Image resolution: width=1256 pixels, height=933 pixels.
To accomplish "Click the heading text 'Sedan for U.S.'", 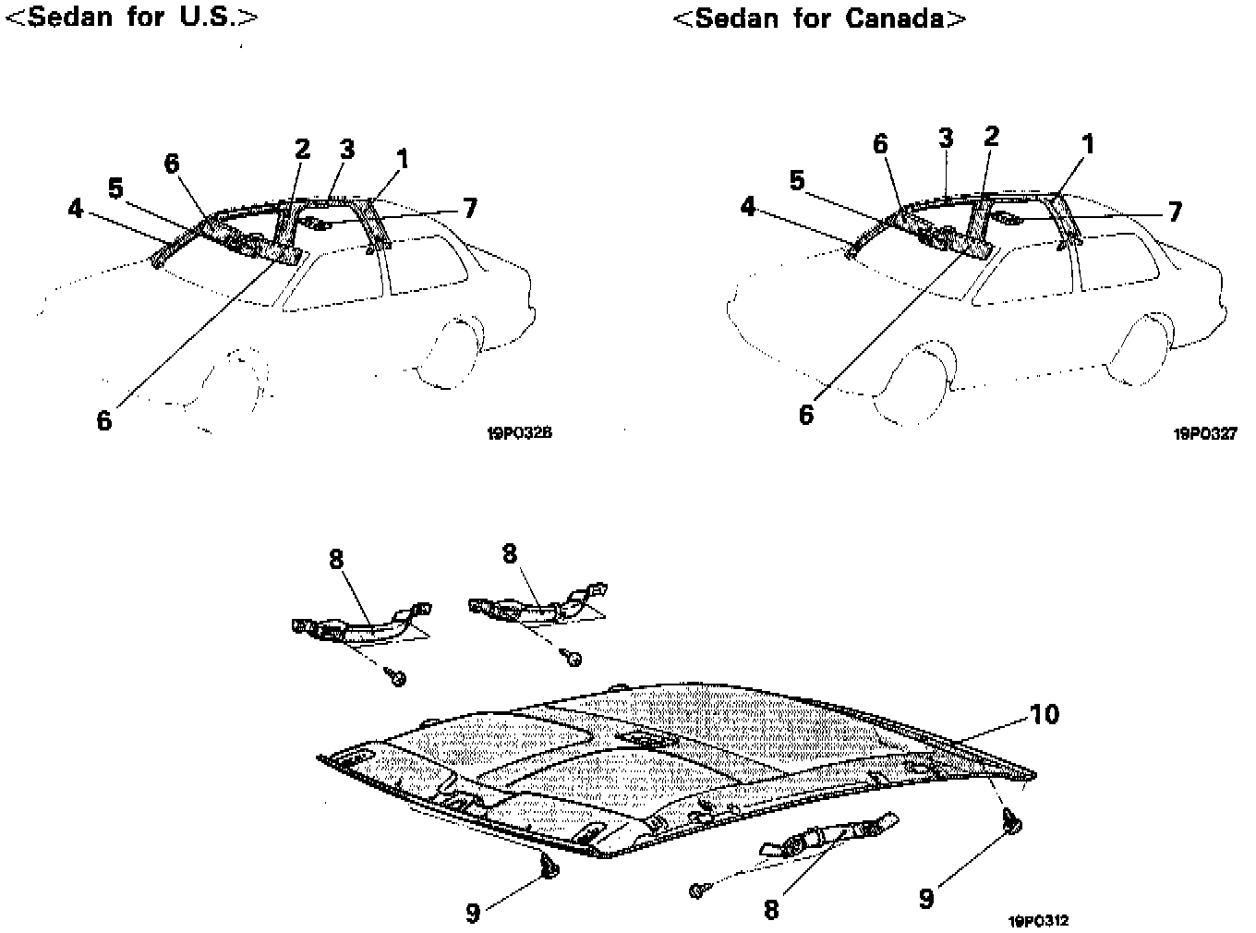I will click(x=131, y=18).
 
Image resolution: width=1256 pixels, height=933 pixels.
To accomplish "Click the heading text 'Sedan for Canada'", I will click(x=818, y=18).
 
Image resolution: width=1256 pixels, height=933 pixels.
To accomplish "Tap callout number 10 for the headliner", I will click(x=1045, y=714).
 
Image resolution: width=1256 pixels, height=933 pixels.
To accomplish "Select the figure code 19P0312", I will click(x=1040, y=920).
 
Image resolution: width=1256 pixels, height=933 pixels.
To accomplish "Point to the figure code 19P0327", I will click(x=1205, y=432).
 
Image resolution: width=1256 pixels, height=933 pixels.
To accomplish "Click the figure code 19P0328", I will click(x=519, y=431).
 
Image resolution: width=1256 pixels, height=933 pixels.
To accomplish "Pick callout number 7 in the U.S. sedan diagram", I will click(x=470, y=209).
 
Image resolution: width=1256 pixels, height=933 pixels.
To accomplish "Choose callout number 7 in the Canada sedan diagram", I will click(x=1174, y=212).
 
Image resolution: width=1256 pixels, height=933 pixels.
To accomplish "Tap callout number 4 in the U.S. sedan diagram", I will click(x=76, y=209).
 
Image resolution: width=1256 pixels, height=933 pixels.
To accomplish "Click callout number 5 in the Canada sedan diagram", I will click(x=797, y=180).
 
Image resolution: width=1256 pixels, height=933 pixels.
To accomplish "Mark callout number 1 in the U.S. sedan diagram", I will click(x=403, y=159).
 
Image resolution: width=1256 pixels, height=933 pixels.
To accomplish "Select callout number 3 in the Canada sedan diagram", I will click(x=945, y=139).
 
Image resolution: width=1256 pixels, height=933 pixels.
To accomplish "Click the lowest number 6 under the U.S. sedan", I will click(x=104, y=420).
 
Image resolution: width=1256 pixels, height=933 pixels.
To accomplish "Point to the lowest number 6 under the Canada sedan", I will click(x=806, y=415).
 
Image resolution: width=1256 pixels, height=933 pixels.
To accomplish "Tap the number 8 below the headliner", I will click(x=771, y=909).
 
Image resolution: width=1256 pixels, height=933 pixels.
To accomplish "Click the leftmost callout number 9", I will click(x=473, y=913).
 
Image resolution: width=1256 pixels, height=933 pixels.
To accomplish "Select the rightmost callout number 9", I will click(x=926, y=898).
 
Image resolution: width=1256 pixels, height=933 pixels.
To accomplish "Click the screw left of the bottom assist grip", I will click(x=698, y=891).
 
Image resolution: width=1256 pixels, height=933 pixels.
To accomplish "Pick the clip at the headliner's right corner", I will click(x=1012, y=819).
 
